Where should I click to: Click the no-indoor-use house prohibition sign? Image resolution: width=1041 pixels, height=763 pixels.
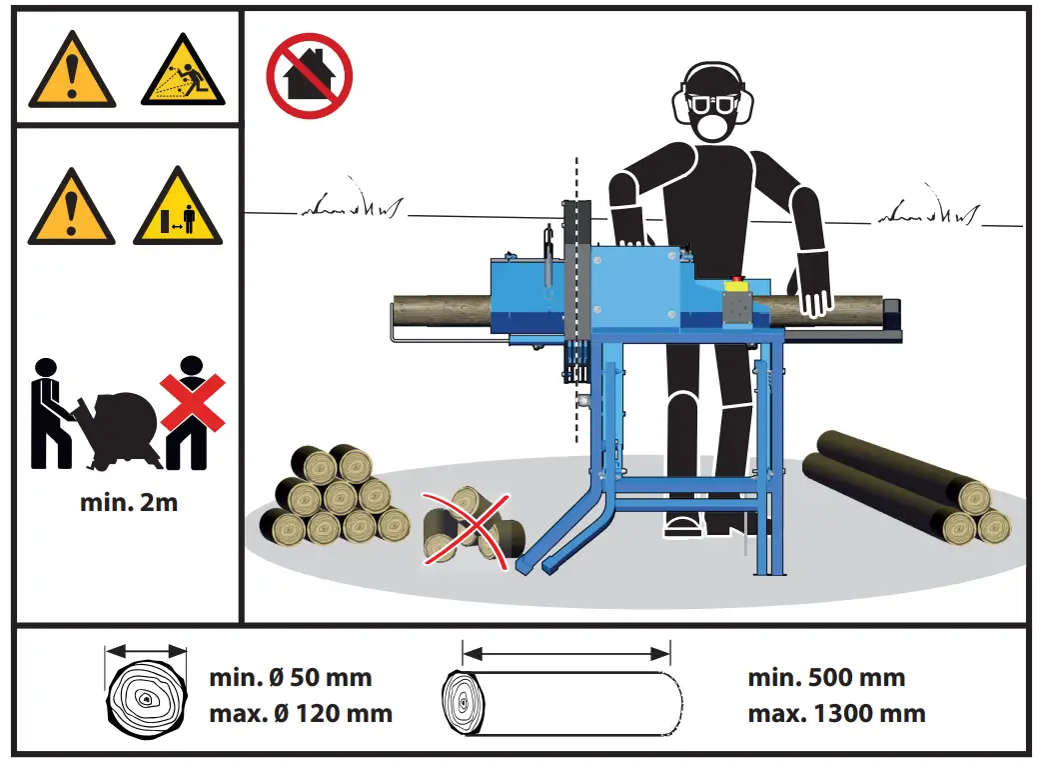[310, 76]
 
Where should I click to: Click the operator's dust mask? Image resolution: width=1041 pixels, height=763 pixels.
[710, 127]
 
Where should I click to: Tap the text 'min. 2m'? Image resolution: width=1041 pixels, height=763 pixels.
[129, 502]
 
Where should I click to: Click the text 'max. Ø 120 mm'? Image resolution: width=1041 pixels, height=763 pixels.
[300, 713]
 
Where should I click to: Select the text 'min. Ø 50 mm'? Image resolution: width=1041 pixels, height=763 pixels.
[290, 677]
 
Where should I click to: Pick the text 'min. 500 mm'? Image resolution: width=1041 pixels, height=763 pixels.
[826, 677]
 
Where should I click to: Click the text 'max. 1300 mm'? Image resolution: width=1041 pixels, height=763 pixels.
[836, 713]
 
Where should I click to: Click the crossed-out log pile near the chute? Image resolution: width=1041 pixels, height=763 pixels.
[466, 528]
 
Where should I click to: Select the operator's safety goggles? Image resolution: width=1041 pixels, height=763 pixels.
[711, 103]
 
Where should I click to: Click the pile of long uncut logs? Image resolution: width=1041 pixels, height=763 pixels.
[904, 486]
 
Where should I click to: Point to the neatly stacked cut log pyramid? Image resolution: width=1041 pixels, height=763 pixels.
[335, 497]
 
